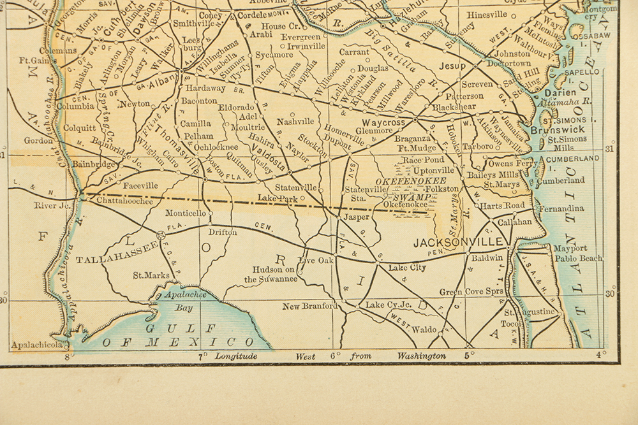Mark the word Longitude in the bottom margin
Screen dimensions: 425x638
click(236, 356)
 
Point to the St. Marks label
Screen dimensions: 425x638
click(151, 276)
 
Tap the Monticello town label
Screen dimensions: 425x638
click(186, 213)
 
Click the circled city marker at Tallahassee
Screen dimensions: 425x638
click(161, 235)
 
